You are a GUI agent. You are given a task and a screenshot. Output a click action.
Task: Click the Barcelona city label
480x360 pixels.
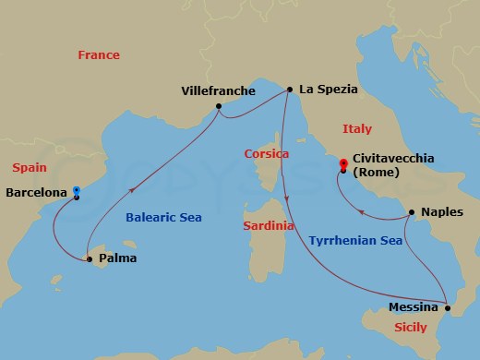click(36, 193)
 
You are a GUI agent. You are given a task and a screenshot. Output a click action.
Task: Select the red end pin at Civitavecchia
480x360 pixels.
click(343, 166)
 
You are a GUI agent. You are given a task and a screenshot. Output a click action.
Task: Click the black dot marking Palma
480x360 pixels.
click(90, 259)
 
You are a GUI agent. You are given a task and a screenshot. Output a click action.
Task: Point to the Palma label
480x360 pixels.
click(118, 258)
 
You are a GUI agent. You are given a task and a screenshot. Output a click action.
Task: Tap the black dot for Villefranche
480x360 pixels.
click(219, 106)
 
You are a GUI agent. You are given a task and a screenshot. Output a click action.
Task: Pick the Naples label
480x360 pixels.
click(441, 210)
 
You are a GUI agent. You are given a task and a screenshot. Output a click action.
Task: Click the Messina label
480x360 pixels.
click(414, 307)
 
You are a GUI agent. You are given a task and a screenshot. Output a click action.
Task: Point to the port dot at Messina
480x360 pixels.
click(448, 304)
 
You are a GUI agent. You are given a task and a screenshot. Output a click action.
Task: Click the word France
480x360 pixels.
click(99, 55)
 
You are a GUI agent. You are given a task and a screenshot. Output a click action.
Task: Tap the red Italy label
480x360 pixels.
click(356, 129)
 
